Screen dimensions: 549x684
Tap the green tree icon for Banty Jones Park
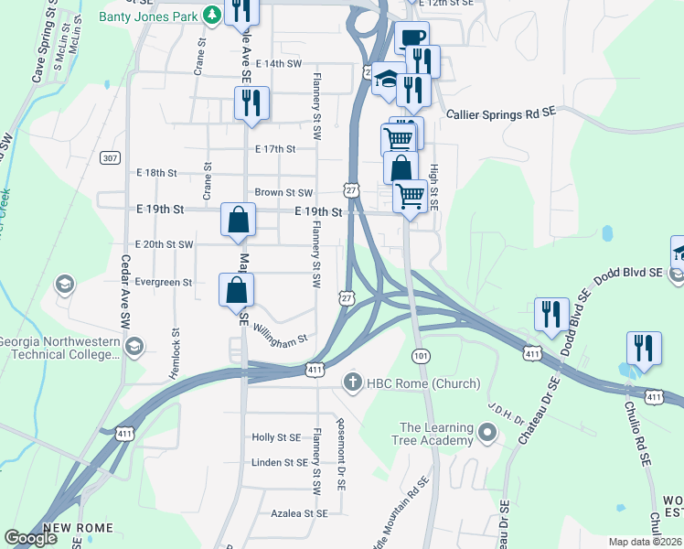click(x=211, y=15)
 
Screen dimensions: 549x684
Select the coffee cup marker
click(x=411, y=38)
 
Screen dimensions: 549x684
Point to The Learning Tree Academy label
click(x=436, y=435)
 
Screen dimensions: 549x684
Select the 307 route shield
click(x=110, y=158)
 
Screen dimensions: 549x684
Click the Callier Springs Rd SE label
click(x=501, y=113)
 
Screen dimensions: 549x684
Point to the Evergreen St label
click(x=164, y=283)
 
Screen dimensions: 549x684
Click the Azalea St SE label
click(x=299, y=514)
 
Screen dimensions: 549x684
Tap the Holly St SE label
click(x=276, y=437)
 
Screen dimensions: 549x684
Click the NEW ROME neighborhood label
click(x=78, y=528)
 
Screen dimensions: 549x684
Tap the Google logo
click(x=30, y=538)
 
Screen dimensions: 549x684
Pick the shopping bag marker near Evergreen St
click(x=236, y=290)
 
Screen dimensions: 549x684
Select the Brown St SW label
click(x=283, y=193)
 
